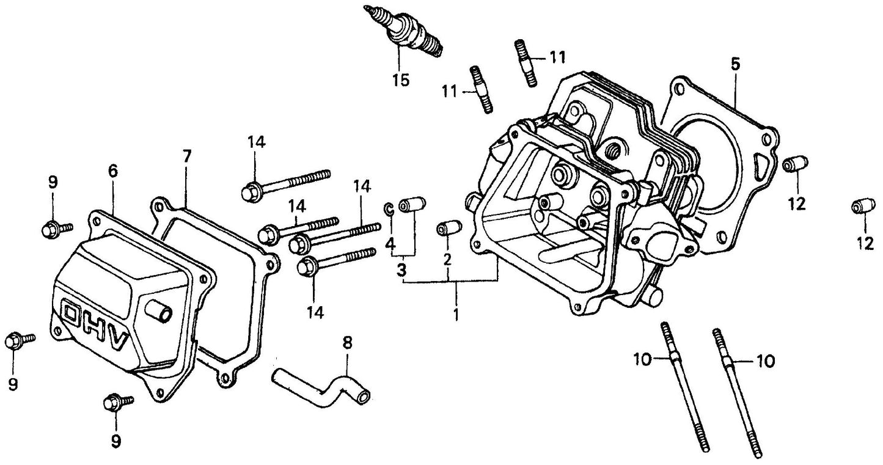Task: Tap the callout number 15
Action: (x=401, y=80)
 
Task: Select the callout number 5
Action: (x=735, y=64)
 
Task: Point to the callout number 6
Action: (x=112, y=172)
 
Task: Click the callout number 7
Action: (x=187, y=156)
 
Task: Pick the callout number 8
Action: (x=347, y=343)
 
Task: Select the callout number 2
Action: (x=447, y=258)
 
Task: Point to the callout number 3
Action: (x=401, y=270)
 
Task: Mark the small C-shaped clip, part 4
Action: (x=389, y=209)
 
